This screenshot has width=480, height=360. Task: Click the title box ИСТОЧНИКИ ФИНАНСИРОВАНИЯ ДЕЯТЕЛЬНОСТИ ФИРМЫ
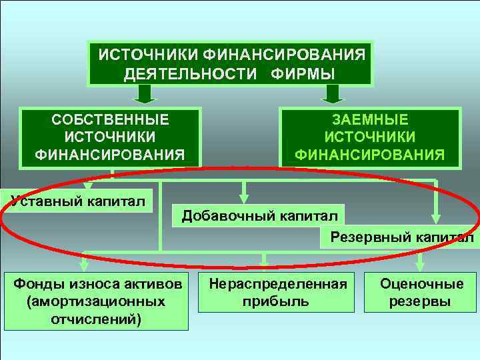point(231,63)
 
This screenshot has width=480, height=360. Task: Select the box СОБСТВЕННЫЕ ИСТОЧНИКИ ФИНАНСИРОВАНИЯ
point(111,137)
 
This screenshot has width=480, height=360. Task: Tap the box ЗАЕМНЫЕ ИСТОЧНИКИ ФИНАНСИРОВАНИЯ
point(369,137)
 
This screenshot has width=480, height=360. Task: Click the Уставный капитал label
point(77,199)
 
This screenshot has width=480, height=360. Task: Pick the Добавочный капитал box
point(259,215)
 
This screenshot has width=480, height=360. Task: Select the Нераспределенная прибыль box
point(278,292)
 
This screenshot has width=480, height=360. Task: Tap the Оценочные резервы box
point(421,292)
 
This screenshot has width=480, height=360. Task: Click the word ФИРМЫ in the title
point(303,73)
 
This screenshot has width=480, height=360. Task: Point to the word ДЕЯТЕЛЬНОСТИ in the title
point(193,73)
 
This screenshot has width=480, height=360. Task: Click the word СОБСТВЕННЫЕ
point(111,120)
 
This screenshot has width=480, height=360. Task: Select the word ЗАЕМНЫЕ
point(370,120)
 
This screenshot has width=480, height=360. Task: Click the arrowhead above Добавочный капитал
point(245,197)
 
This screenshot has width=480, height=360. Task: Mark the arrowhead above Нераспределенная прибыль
point(265,261)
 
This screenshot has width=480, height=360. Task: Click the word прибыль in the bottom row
point(278,301)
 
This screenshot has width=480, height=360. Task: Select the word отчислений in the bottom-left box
point(95,318)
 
